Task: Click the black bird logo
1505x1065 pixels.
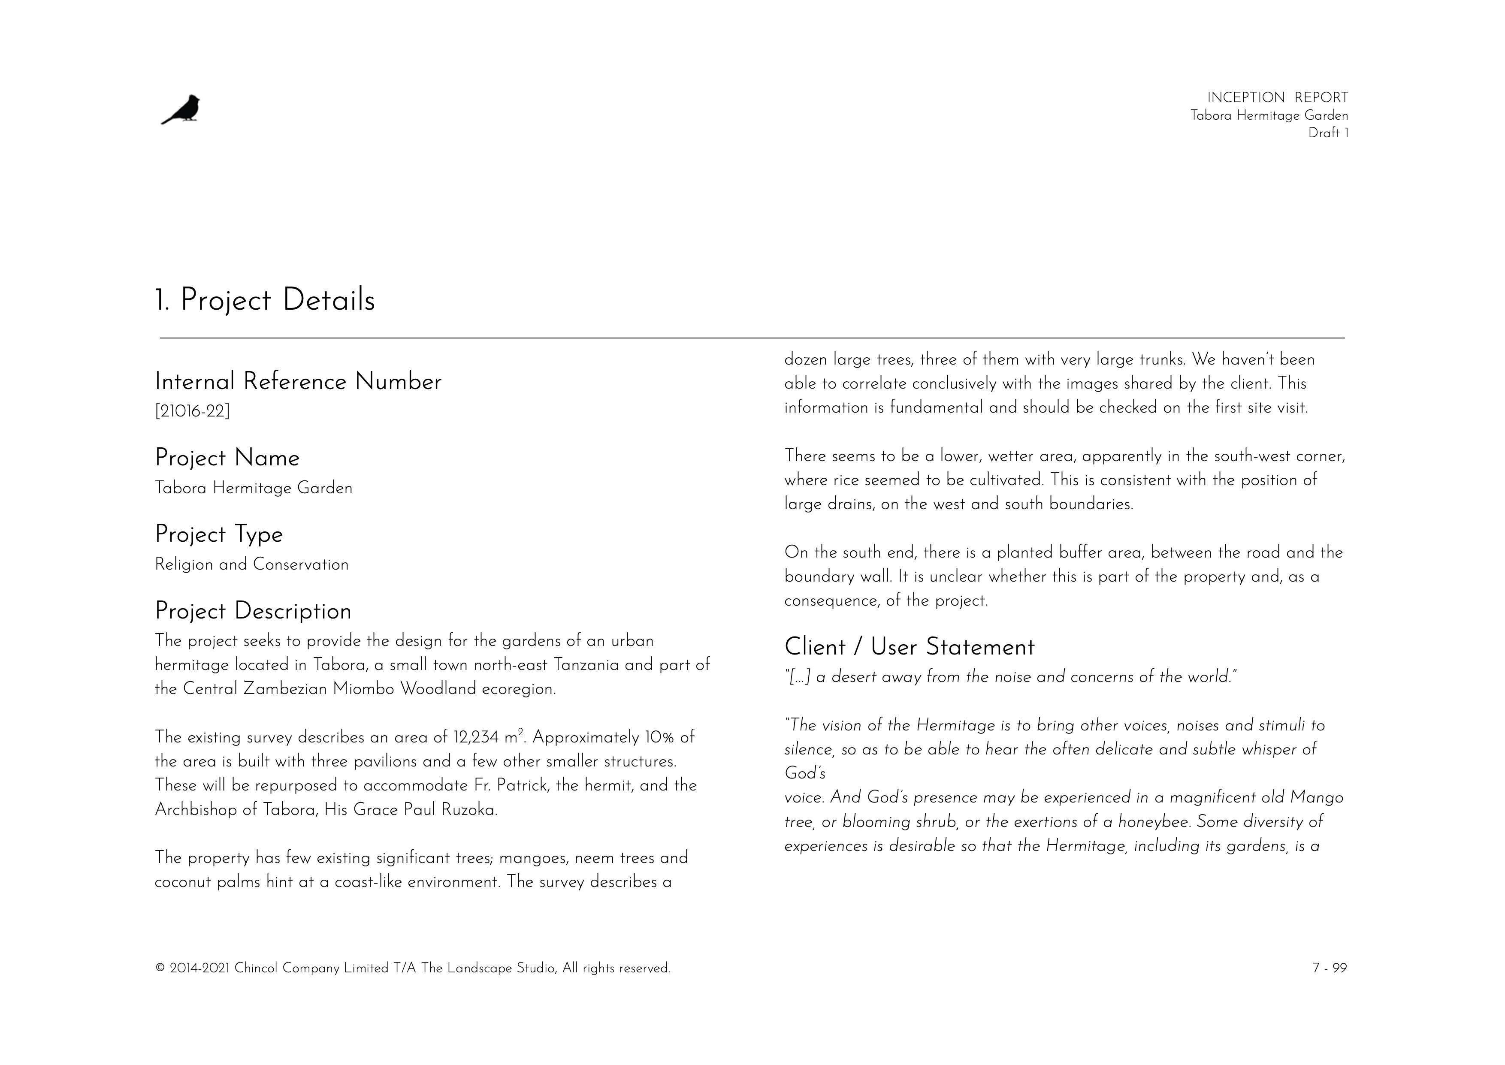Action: click(x=181, y=109)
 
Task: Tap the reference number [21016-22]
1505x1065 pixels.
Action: click(x=192, y=411)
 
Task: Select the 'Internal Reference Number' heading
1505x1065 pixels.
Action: click(x=298, y=382)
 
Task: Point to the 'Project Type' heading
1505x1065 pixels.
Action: click(x=218, y=534)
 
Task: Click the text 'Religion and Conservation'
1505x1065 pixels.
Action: click(x=251, y=564)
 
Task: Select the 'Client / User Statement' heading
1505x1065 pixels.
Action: click(x=909, y=647)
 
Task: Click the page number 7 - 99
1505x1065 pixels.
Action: click(x=1329, y=968)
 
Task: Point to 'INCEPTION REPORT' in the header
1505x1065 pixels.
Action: click(x=1277, y=98)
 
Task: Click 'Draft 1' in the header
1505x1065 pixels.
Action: click(x=1328, y=133)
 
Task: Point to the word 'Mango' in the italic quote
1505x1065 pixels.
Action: click(x=1316, y=798)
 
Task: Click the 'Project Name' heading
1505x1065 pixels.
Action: click(x=227, y=458)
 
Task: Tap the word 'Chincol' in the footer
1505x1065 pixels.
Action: click(x=256, y=968)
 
